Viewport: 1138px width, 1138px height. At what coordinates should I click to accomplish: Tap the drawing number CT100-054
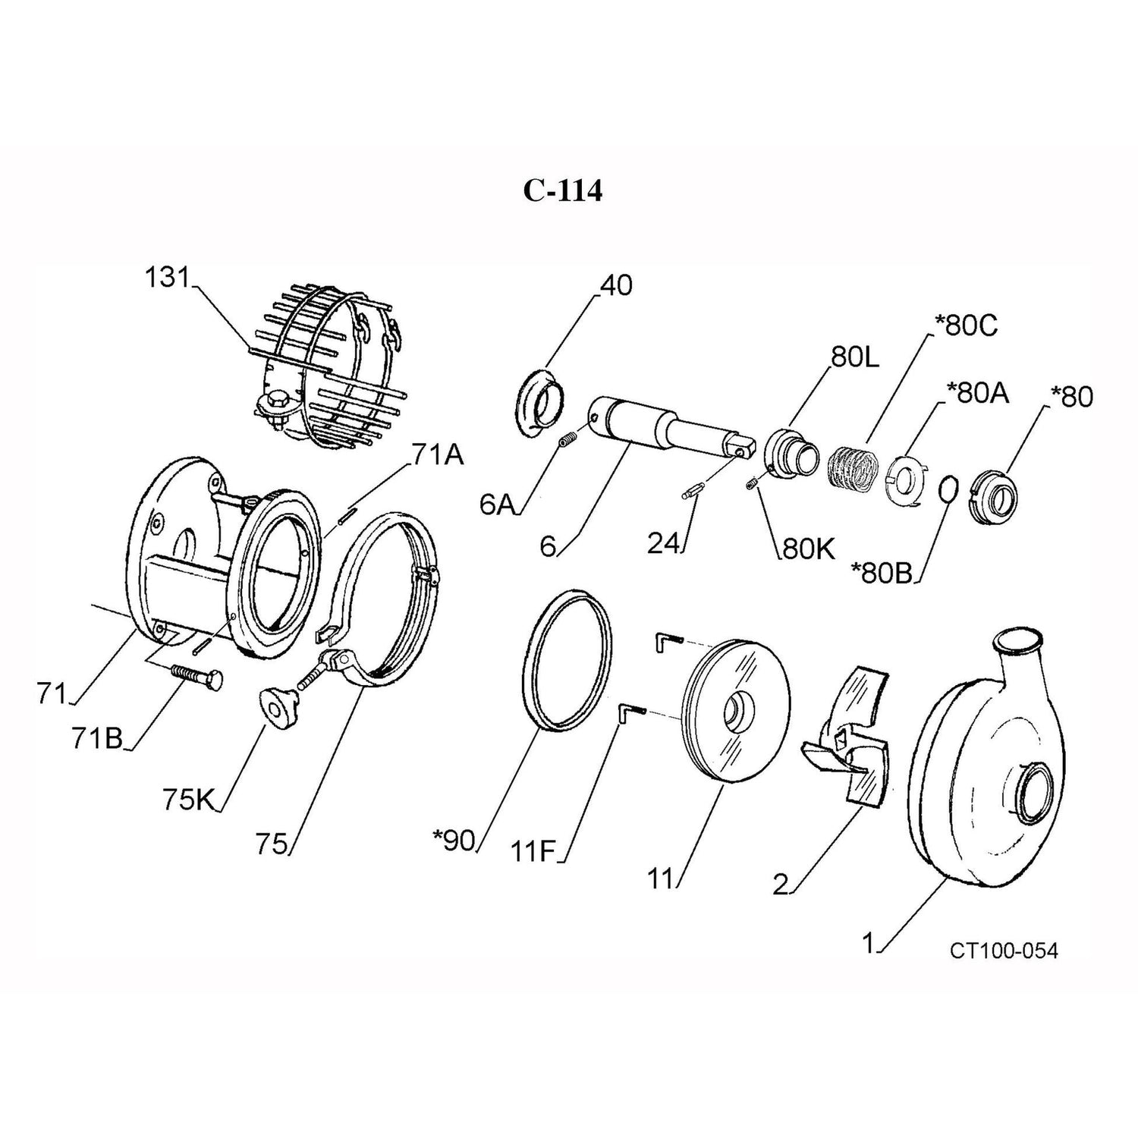tap(1003, 951)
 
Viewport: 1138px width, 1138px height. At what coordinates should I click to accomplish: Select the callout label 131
tap(166, 278)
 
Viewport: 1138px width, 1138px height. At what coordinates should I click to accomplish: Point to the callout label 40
tap(615, 285)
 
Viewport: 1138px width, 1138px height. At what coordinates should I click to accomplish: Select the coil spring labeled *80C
tap(852, 466)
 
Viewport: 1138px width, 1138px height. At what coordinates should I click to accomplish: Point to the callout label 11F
tap(533, 853)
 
